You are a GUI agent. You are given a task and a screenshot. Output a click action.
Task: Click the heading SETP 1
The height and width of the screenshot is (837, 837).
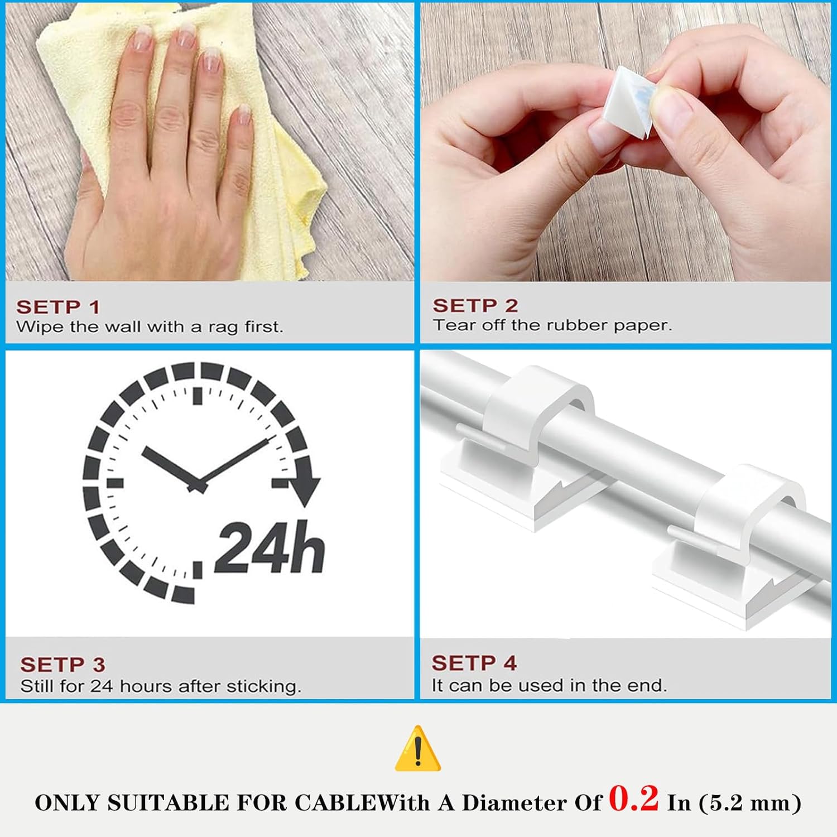coord(58,307)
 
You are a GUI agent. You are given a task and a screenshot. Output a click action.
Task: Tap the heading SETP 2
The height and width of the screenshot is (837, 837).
coord(475,306)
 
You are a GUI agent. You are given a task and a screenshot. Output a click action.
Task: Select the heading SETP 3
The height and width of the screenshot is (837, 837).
coord(62,665)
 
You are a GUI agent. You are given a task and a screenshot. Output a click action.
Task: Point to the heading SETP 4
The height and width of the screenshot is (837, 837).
coord(474,663)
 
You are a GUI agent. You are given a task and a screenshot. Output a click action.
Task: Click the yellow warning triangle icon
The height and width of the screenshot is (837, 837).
coord(418,749)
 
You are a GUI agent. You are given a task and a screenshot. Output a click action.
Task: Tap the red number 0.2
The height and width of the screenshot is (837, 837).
coord(634,798)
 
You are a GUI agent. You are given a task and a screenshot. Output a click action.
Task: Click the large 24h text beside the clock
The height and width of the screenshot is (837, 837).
coord(270,547)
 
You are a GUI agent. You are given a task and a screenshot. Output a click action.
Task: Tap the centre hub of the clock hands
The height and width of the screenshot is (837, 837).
coord(197,486)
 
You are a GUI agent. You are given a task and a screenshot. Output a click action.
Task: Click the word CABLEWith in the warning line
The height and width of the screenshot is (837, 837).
coord(362,803)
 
